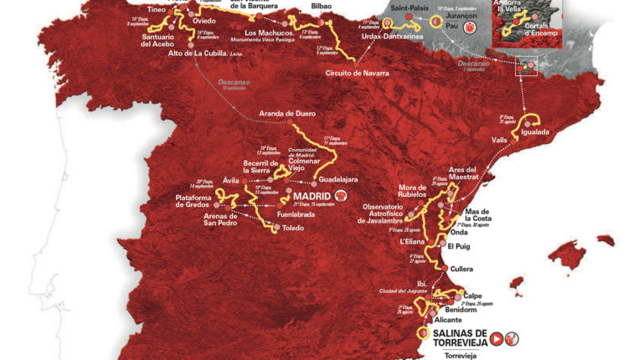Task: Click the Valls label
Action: [x=501, y=141]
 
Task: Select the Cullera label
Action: [x=461, y=270]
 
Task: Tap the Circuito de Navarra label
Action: [x=359, y=73]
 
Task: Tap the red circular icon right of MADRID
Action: [x=341, y=197]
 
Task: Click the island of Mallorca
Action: [x=587, y=252]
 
